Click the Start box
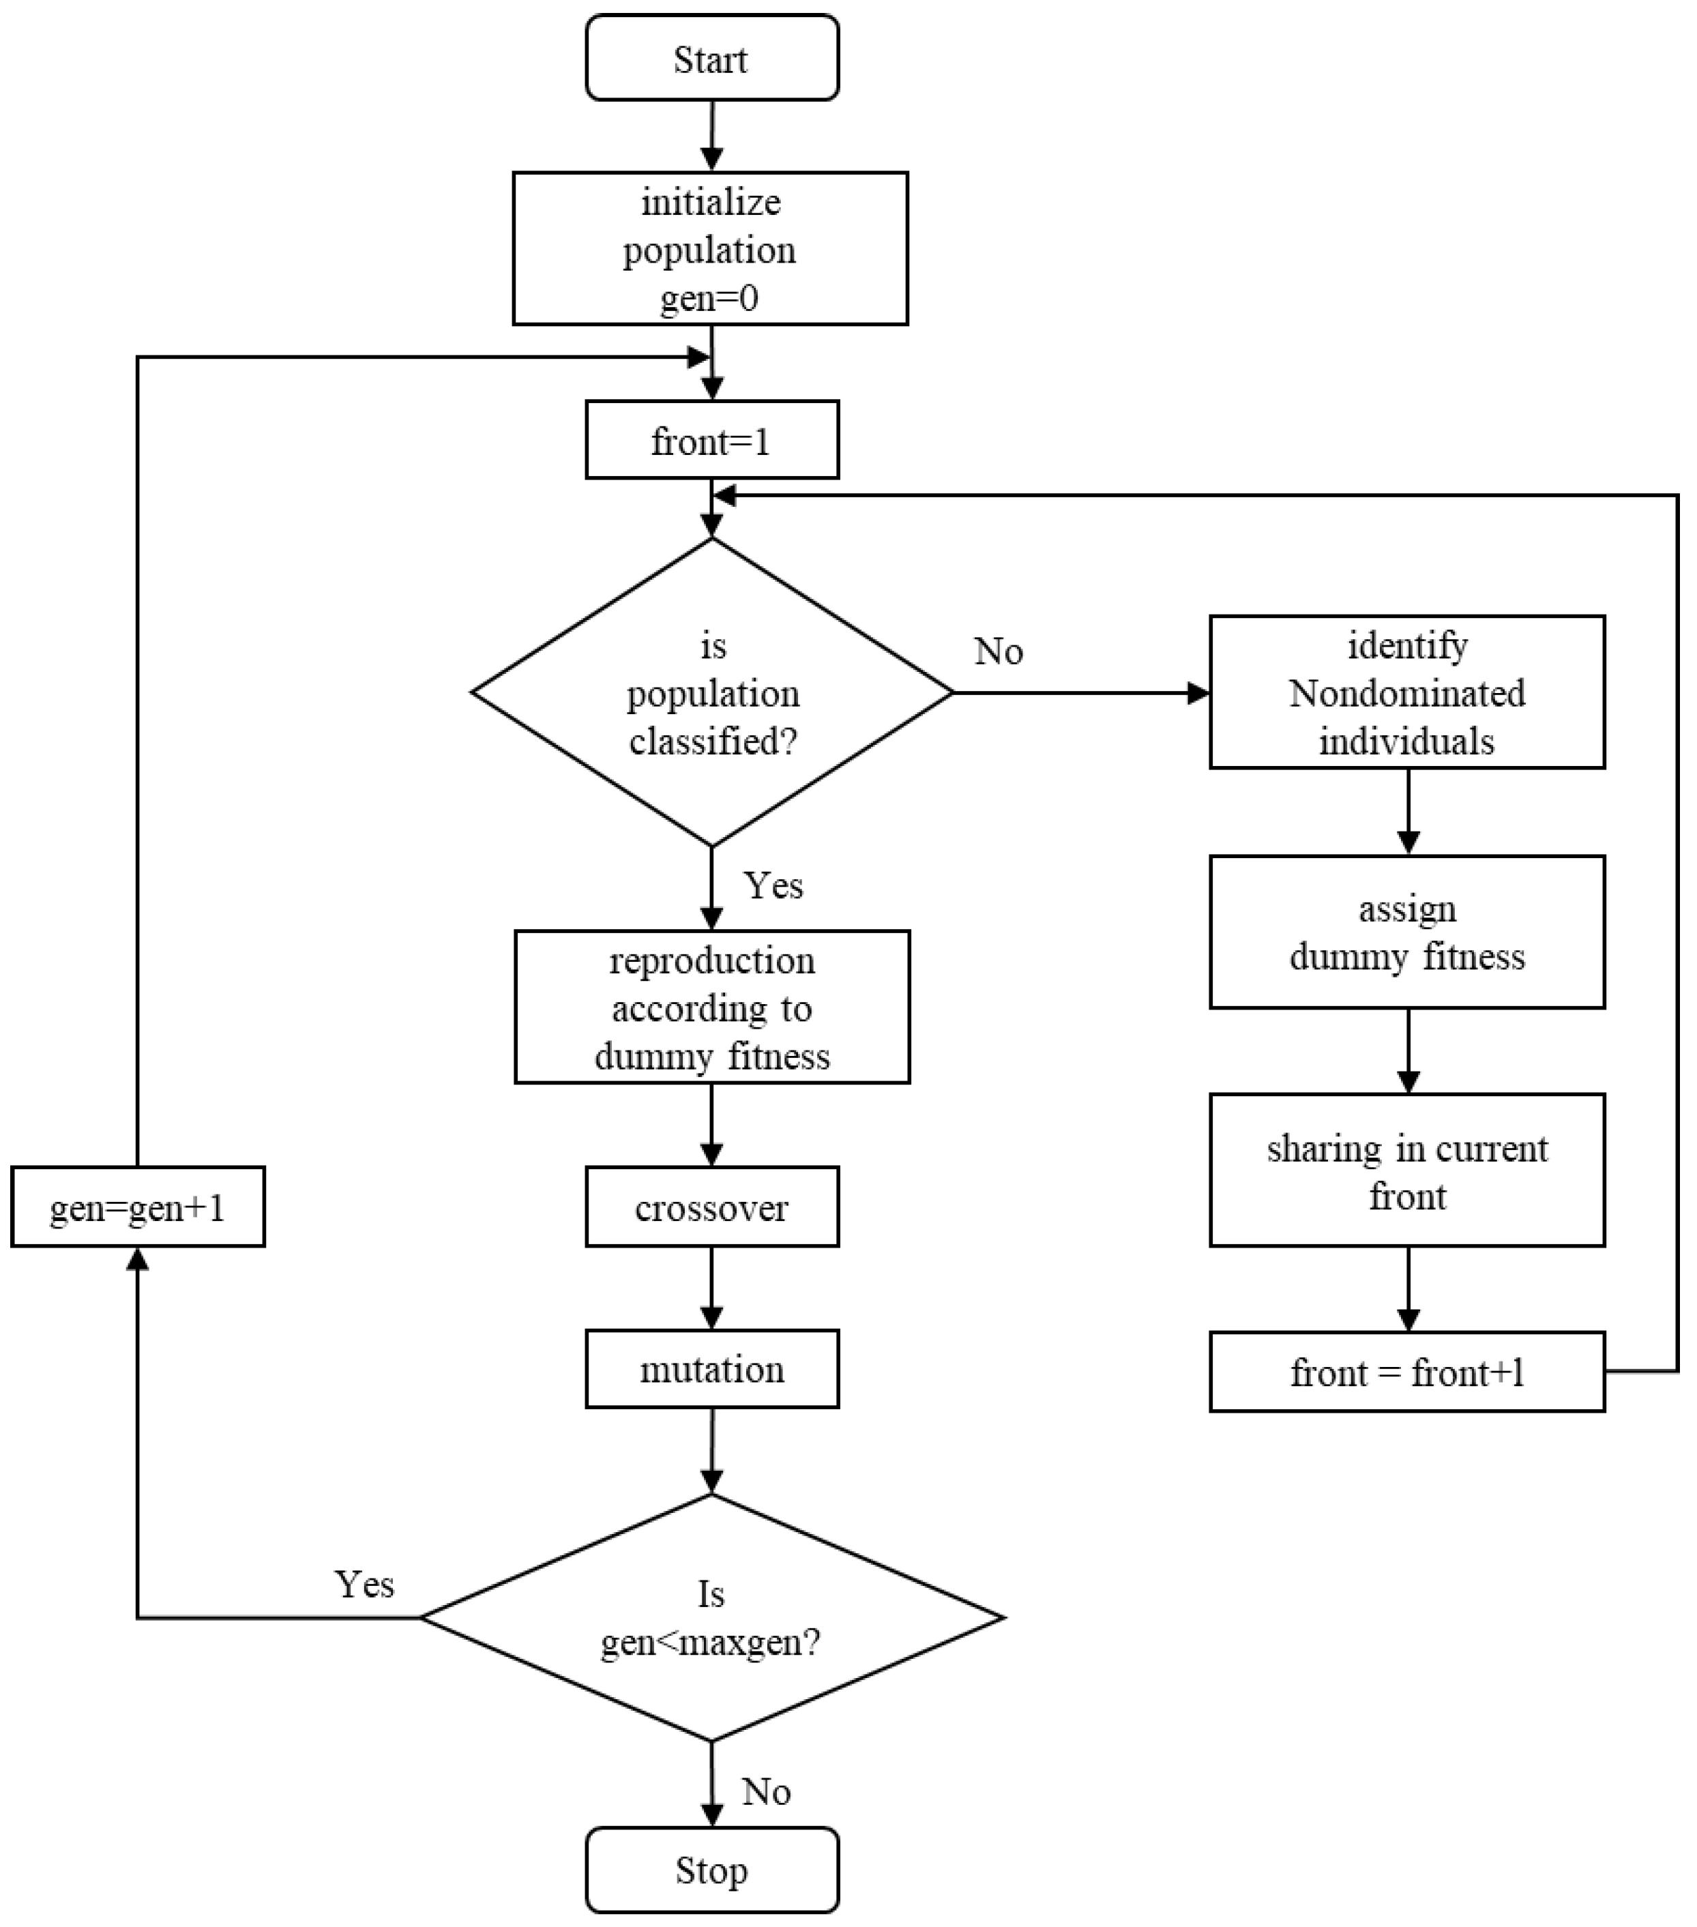point(712,59)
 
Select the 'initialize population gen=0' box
point(710,249)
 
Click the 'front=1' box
point(712,440)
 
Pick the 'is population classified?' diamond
point(712,693)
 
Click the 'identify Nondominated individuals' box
point(1406,693)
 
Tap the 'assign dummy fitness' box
point(1406,932)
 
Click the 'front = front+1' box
point(1406,1372)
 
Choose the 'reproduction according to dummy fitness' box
point(712,1007)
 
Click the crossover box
point(712,1207)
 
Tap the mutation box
point(712,1369)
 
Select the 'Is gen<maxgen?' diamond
point(712,1618)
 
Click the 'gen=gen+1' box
point(138,1207)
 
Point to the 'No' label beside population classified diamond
point(999,651)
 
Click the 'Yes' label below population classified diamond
point(773,885)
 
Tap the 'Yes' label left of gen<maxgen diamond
point(364,1584)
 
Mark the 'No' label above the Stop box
point(765,1792)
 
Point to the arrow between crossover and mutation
point(712,1288)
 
